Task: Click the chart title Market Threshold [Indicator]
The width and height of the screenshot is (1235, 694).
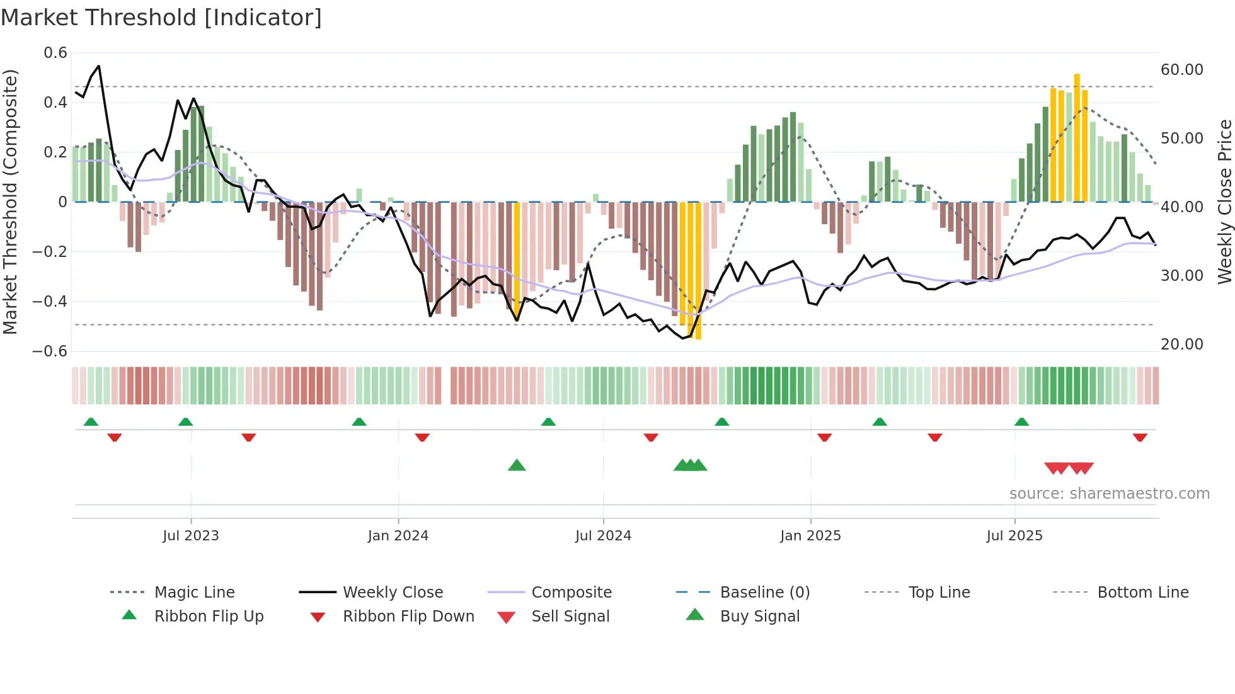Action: (161, 18)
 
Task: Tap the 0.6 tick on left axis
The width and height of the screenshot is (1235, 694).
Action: (55, 53)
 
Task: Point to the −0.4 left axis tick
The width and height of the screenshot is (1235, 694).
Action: (50, 302)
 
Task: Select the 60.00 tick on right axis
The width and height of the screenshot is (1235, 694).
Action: (1182, 70)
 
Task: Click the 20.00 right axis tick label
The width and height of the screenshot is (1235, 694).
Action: (1182, 344)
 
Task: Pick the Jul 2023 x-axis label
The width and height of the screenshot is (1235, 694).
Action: (190, 536)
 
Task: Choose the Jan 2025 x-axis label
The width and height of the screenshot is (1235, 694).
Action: (810, 536)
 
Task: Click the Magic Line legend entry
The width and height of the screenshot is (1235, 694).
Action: (194, 593)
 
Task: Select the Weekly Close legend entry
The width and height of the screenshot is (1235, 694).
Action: (393, 593)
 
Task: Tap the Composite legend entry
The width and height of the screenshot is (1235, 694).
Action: (572, 593)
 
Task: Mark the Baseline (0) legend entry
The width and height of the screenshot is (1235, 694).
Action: (764, 593)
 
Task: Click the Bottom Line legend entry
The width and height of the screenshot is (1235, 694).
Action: (1142, 593)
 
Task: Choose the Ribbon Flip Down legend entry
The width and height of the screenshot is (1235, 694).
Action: (408, 617)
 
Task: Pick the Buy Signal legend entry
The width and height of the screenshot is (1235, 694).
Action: (759, 617)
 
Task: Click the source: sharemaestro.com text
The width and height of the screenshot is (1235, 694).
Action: (1109, 494)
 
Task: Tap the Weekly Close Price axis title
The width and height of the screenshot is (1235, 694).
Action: (1224, 202)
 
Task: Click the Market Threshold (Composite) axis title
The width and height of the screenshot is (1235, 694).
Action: (10, 202)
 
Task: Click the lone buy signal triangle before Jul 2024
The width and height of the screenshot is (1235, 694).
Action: (517, 465)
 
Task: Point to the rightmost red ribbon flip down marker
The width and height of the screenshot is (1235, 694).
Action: (1140, 437)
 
